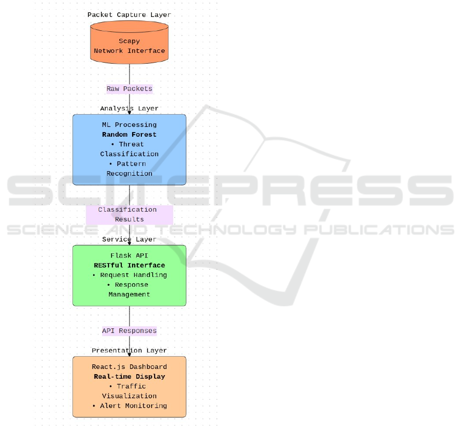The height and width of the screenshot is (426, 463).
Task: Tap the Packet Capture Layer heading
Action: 129,15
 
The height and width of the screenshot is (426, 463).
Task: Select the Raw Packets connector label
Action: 129,89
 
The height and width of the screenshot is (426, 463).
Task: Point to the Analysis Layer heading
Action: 129,108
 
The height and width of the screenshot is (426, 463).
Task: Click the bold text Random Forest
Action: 129,135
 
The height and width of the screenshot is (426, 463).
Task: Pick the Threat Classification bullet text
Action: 129,149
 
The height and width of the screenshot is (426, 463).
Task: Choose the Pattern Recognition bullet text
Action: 129,169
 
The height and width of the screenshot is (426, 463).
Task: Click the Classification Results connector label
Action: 129,214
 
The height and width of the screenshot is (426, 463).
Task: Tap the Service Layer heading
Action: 129,239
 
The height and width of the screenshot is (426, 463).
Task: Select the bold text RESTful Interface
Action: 129,265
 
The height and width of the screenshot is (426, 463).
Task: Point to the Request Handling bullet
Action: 129,275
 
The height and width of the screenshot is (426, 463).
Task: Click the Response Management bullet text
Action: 129,290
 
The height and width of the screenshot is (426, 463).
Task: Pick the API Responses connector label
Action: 129,331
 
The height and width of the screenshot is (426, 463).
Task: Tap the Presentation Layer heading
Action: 129,350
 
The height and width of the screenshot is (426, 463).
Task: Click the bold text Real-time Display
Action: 129,377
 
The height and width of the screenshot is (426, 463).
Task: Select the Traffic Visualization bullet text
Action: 129,391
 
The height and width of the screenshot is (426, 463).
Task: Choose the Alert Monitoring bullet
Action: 129,406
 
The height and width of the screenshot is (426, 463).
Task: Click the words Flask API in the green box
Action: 129,255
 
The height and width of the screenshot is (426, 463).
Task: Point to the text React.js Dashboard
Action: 129,367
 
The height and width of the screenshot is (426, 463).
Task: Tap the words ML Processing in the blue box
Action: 129,125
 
